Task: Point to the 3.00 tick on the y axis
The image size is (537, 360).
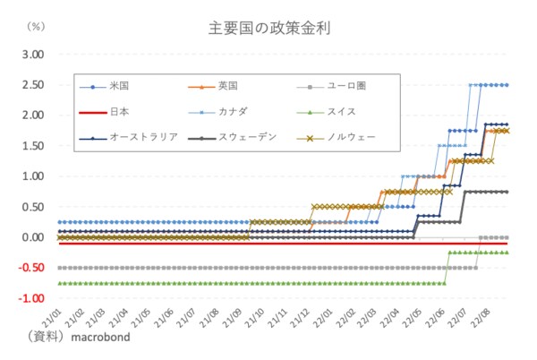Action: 32,54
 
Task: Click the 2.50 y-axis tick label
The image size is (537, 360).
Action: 32,84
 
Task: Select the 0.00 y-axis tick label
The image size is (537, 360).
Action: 32,237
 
